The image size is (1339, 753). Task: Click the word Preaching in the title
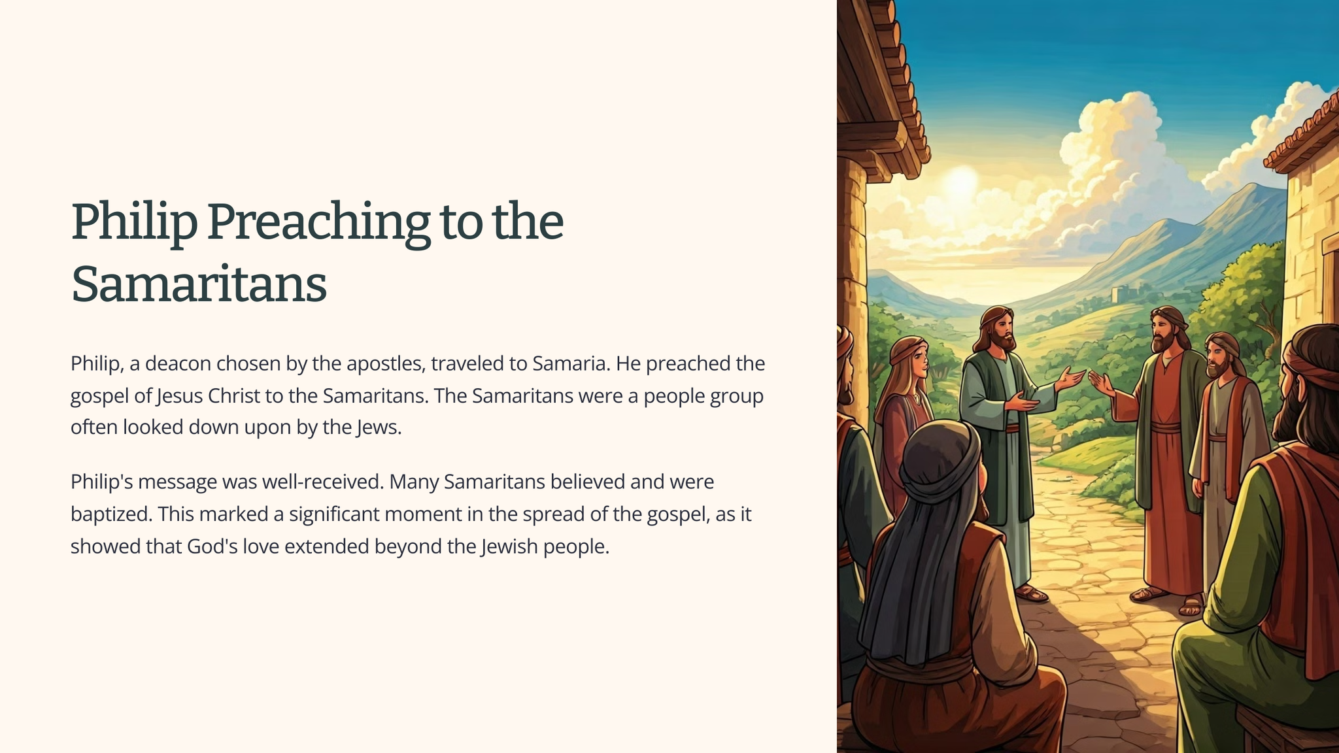(x=318, y=223)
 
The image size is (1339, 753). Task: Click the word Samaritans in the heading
(x=199, y=284)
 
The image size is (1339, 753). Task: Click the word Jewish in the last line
(x=509, y=546)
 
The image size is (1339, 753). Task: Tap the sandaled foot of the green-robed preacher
(x=1032, y=594)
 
